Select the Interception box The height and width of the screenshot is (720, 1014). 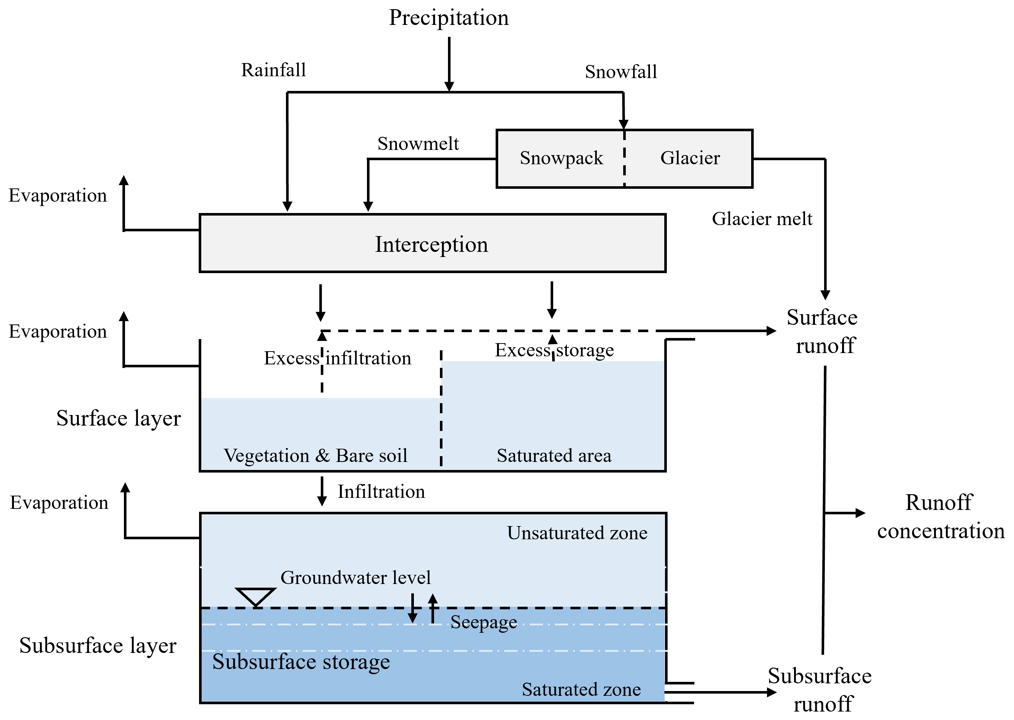432,243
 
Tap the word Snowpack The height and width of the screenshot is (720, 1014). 561,158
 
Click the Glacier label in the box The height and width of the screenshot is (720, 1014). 690,158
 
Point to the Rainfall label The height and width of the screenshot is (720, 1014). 273,70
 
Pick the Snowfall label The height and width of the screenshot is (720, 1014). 621,72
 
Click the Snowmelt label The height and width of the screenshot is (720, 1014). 418,144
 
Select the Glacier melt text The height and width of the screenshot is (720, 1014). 762,219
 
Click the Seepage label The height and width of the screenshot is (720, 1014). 484,622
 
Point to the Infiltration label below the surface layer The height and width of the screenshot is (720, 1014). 381,492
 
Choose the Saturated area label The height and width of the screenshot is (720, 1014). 554,456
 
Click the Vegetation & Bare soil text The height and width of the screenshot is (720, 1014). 315,456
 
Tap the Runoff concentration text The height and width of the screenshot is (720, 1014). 940,517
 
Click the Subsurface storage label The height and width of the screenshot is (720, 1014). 301,661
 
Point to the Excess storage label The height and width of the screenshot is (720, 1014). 554,350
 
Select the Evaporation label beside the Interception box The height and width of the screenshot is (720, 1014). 58,195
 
